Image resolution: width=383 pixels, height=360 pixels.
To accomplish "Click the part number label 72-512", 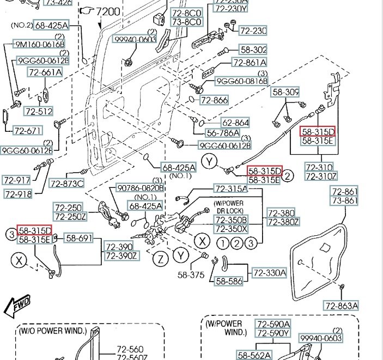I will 39,111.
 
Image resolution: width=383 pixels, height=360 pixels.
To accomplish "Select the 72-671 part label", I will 27,131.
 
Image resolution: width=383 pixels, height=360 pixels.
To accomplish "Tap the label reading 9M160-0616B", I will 39,44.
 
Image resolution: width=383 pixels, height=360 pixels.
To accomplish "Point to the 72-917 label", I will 16,180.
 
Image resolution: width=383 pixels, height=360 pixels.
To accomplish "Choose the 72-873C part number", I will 66,183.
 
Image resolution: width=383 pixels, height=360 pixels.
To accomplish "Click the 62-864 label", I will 235,123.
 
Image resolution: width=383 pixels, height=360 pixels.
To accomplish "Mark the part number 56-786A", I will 223,133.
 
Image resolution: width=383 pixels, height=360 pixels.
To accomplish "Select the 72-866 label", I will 214,100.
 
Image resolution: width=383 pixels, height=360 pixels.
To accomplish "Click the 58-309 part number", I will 286,92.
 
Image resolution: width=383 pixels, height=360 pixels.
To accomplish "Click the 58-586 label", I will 229,281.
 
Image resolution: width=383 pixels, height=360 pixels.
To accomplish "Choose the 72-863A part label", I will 341,306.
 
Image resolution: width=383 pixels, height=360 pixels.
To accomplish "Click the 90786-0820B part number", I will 140,188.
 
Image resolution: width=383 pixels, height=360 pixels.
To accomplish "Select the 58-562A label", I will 254,355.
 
